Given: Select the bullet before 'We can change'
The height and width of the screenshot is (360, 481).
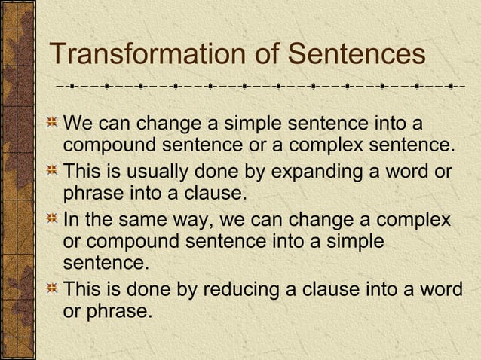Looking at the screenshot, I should point(52,124).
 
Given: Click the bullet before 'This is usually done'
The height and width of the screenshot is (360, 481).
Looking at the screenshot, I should point(52,172).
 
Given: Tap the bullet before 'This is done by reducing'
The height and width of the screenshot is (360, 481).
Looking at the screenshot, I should point(52,289).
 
